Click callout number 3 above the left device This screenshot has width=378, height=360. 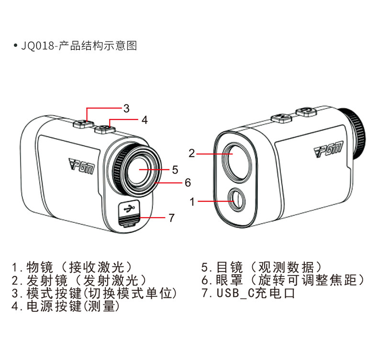click(x=126, y=108)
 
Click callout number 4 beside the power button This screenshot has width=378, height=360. click(x=144, y=120)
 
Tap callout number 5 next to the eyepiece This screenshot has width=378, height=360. click(x=175, y=170)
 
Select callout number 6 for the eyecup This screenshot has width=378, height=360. click(x=188, y=183)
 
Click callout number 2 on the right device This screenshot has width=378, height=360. click(x=191, y=153)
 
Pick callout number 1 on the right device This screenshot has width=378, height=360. click(x=192, y=202)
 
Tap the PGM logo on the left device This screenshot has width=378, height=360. click(x=82, y=166)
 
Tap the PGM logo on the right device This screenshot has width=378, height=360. click(x=328, y=152)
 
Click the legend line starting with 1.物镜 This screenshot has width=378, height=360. click(x=72, y=267)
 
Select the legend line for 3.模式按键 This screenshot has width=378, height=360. click(x=95, y=293)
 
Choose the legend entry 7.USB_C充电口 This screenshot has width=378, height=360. click(x=248, y=293)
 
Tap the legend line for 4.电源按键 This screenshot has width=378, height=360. click(x=66, y=306)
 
